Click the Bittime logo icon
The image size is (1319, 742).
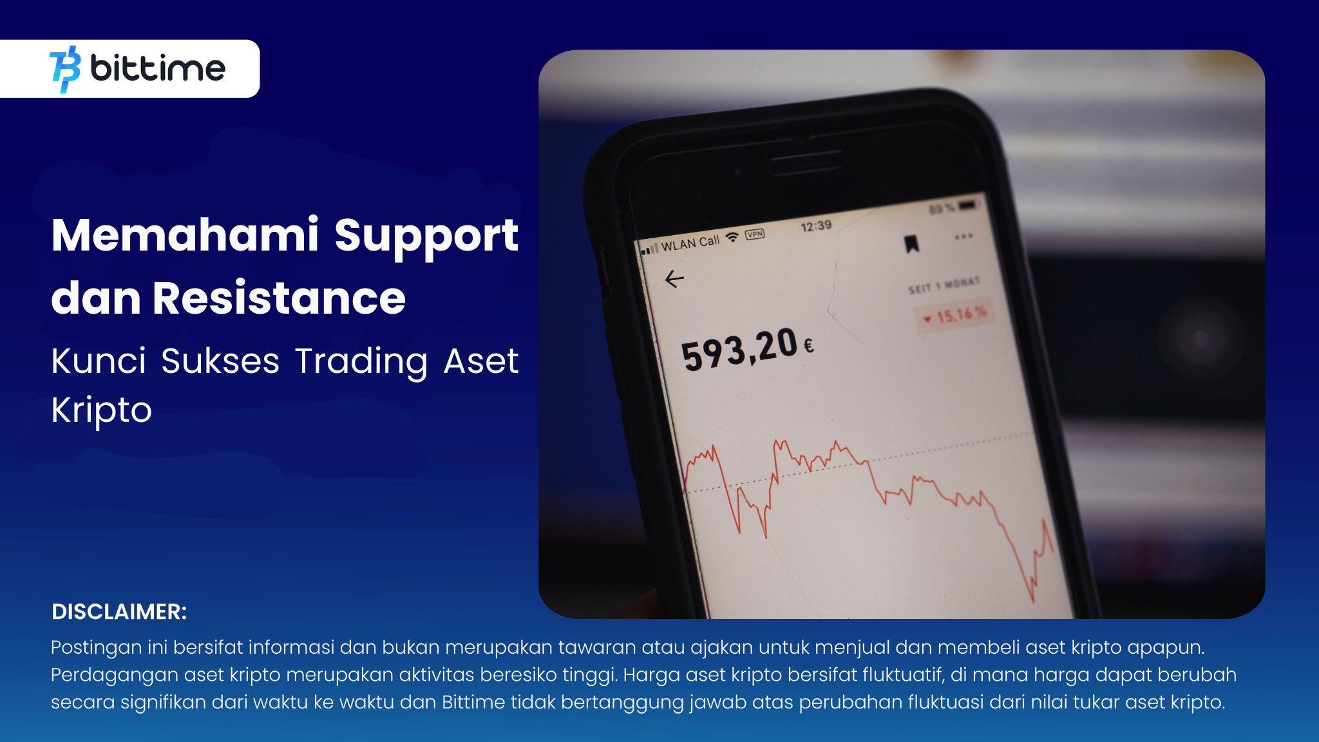(x=65, y=69)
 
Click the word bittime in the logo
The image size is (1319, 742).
(x=158, y=68)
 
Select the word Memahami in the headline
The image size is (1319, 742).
(x=185, y=235)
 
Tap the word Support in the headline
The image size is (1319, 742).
(x=426, y=236)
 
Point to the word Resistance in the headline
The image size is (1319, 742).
(x=279, y=298)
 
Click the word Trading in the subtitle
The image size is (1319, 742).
(x=361, y=361)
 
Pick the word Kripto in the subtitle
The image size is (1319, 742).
(x=101, y=410)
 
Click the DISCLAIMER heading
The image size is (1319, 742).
(x=119, y=612)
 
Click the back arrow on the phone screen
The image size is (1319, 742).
(x=674, y=279)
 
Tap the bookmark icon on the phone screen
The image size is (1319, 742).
(x=911, y=244)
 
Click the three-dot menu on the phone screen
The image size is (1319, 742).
(x=963, y=236)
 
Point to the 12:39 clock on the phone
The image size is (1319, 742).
(x=816, y=226)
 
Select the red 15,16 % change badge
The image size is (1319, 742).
(x=956, y=316)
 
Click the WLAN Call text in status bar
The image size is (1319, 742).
(x=690, y=243)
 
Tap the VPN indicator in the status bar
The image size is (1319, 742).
(x=755, y=234)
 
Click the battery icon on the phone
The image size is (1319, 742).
(x=968, y=205)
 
